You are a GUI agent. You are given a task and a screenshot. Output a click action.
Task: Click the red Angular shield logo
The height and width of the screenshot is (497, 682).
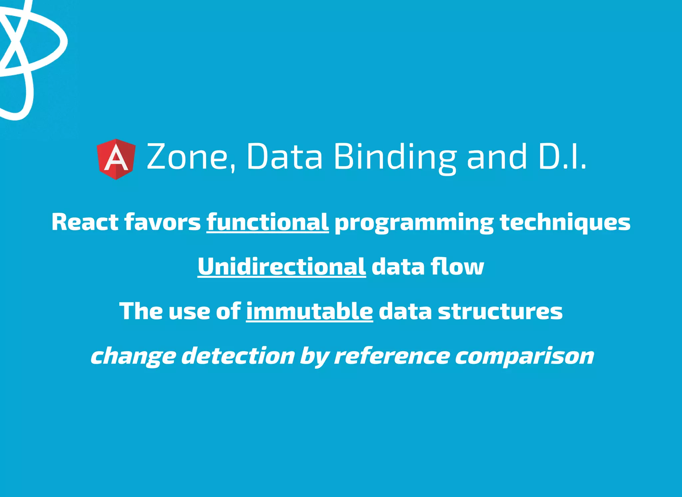coord(116,159)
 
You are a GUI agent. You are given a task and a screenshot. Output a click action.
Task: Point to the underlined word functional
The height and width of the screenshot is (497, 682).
coord(267,222)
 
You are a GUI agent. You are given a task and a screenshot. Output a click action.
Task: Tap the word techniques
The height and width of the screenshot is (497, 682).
coord(565,223)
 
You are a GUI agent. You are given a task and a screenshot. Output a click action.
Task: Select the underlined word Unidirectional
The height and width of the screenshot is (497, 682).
coord(282,266)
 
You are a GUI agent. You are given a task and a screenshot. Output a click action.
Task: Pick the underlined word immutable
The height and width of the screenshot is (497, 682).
coord(309,311)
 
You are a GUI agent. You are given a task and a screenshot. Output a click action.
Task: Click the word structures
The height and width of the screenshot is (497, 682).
coord(500,311)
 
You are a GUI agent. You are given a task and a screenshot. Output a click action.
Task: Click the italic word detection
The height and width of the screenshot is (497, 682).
coord(238,356)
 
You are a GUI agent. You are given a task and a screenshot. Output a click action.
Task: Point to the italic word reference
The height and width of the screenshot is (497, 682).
coord(392,356)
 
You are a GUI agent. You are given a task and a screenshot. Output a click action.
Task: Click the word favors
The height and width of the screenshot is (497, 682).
coord(163,222)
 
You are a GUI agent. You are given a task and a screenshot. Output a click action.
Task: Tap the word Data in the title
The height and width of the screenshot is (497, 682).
coord(284,157)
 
